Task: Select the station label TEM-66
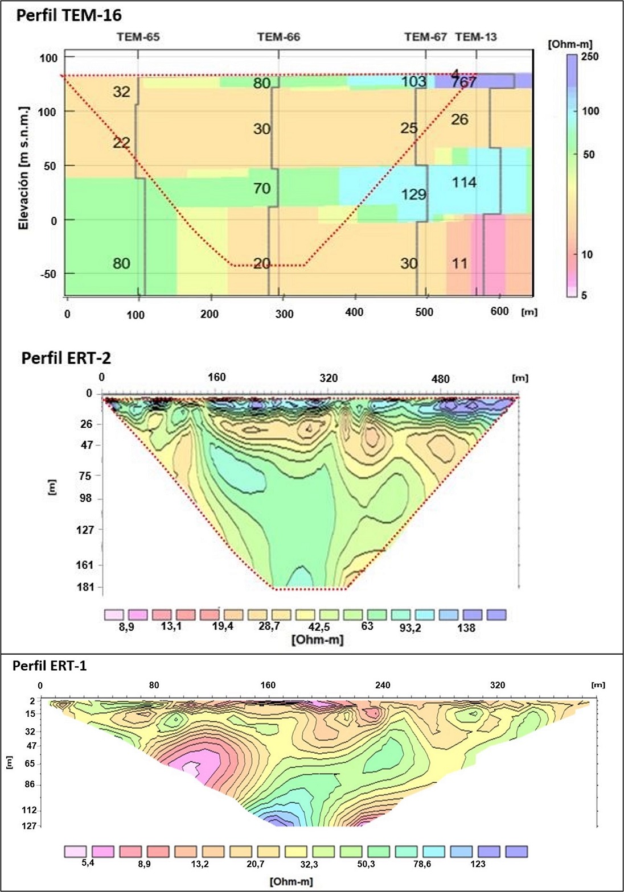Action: [x=278, y=38]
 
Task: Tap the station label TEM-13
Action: [x=476, y=38]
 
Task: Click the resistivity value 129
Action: [x=413, y=195]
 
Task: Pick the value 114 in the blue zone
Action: [x=464, y=183]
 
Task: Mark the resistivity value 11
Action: [x=459, y=263]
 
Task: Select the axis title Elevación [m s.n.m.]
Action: [x=23, y=168]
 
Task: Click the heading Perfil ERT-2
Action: [x=66, y=358]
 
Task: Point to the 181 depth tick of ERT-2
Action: [x=85, y=587]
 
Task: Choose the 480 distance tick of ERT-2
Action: [x=440, y=379]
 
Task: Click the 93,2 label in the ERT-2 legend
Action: [x=410, y=628]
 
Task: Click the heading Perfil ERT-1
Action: [x=50, y=665]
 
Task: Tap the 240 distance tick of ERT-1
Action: [x=383, y=685]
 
